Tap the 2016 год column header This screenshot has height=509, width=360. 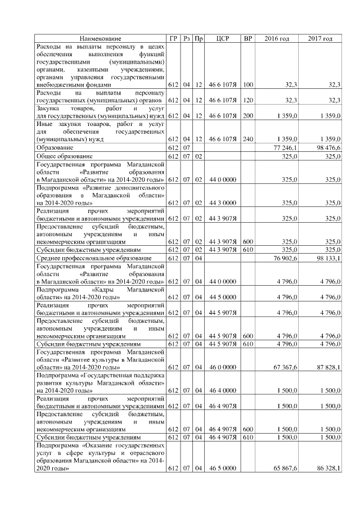point(277,38)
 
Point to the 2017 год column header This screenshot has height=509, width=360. point(320,38)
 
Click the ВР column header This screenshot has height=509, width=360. point(247,38)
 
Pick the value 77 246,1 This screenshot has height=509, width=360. point(285,147)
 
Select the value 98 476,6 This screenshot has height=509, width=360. point(328,147)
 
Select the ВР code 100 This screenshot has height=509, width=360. point(247,84)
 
